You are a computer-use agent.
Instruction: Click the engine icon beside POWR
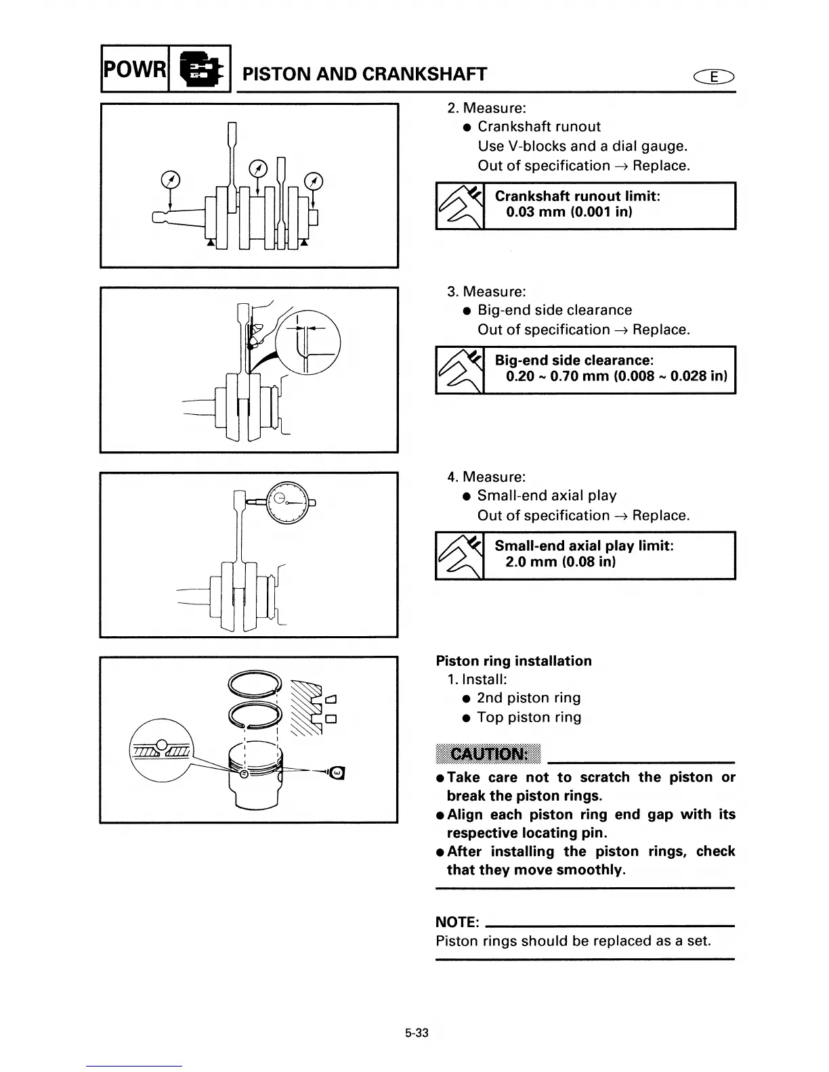point(199,69)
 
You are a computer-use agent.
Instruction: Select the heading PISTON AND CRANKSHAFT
point(364,74)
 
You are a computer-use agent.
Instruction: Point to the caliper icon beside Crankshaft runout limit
point(460,206)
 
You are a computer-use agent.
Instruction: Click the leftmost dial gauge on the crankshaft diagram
point(171,179)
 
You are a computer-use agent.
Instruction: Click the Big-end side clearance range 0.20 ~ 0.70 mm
point(616,376)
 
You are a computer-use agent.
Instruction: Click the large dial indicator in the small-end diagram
point(288,503)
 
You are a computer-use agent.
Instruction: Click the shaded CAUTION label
point(488,755)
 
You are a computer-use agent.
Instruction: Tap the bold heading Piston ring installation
point(513,661)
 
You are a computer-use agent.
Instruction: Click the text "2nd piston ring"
point(528,698)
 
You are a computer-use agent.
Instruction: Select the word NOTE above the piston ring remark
point(457,922)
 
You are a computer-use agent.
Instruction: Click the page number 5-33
point(417,1033)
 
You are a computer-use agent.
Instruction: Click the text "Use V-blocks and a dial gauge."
point(582,146)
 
